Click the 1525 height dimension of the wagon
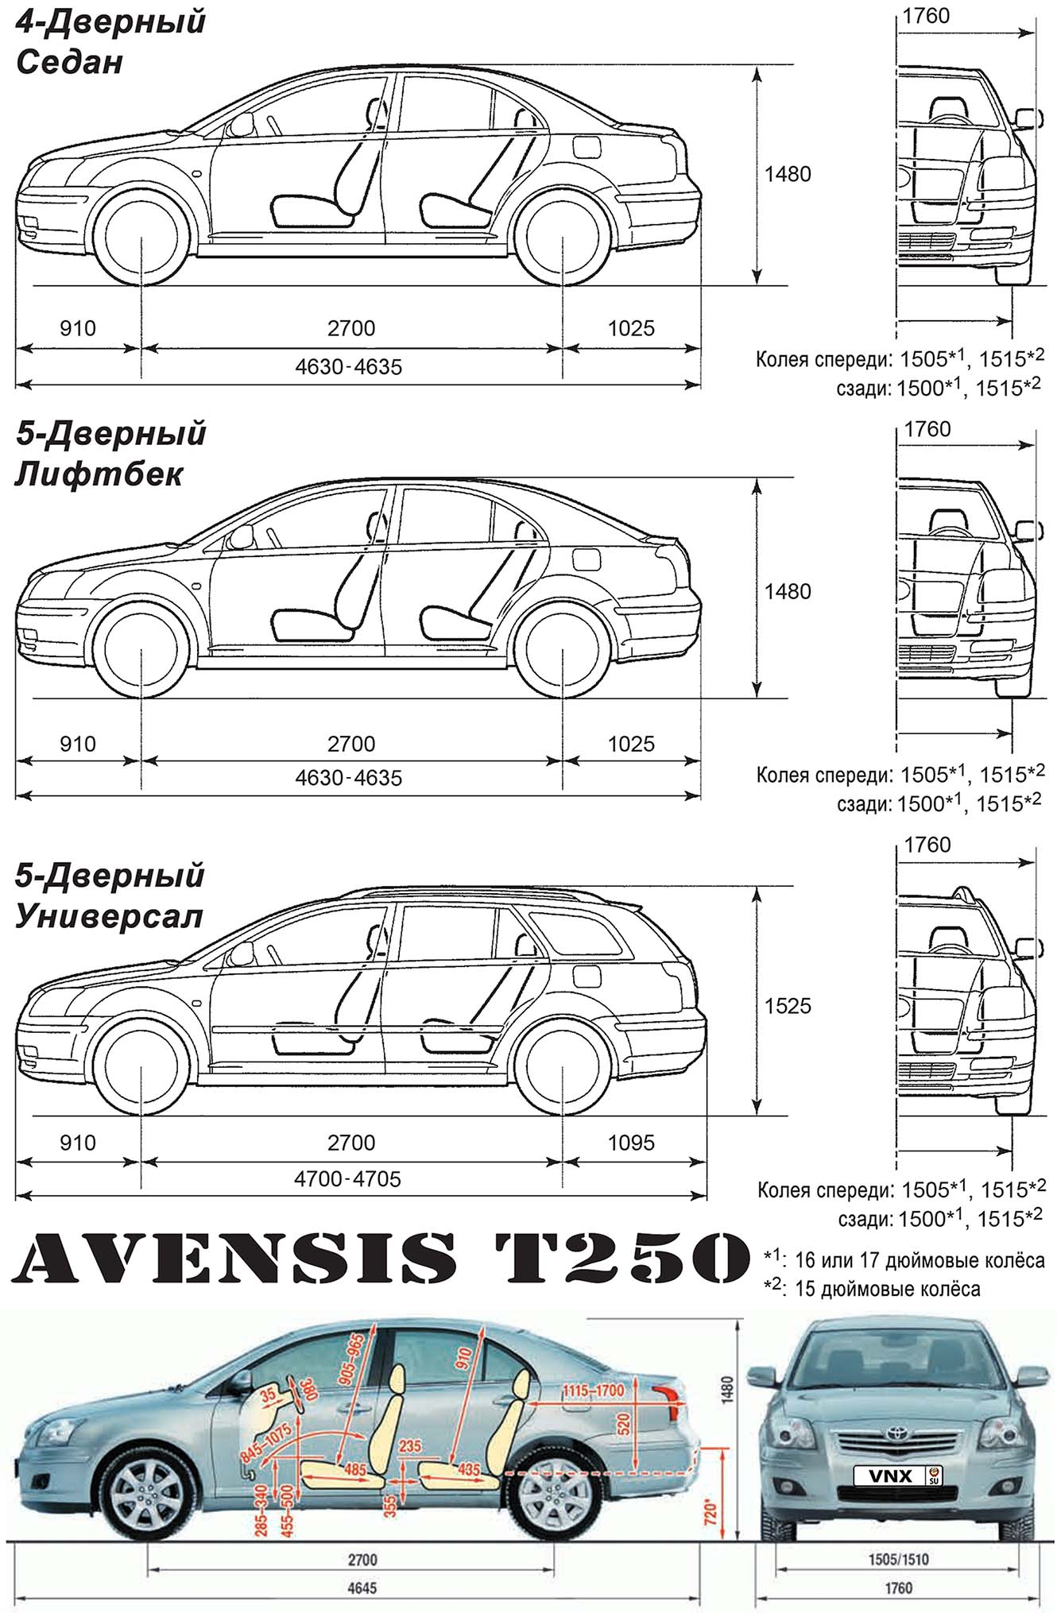(788, 1006)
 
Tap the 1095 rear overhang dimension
(631, 1143)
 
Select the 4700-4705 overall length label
(347, 1178)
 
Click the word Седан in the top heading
(70, 62)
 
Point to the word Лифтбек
(99, 474)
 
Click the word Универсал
(110, 916)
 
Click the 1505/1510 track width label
(897, 1560)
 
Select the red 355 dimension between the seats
(390, 1504)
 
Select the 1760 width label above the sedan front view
(927, 16)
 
